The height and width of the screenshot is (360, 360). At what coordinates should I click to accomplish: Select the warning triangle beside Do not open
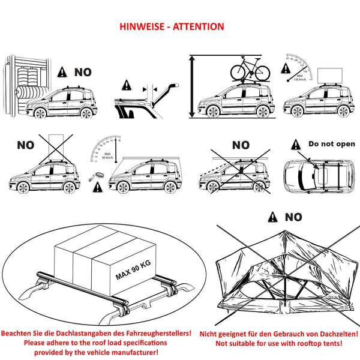pyautogui.click(x=295, y=145)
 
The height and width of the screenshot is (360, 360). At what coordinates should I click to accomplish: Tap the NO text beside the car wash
pyautogui.click(x=83, y=73)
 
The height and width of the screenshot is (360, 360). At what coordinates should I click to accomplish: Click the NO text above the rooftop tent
pyautogui.click(x=293, y=217)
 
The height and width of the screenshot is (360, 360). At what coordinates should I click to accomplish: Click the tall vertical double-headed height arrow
pyautogui.click(x=192, y=86)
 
